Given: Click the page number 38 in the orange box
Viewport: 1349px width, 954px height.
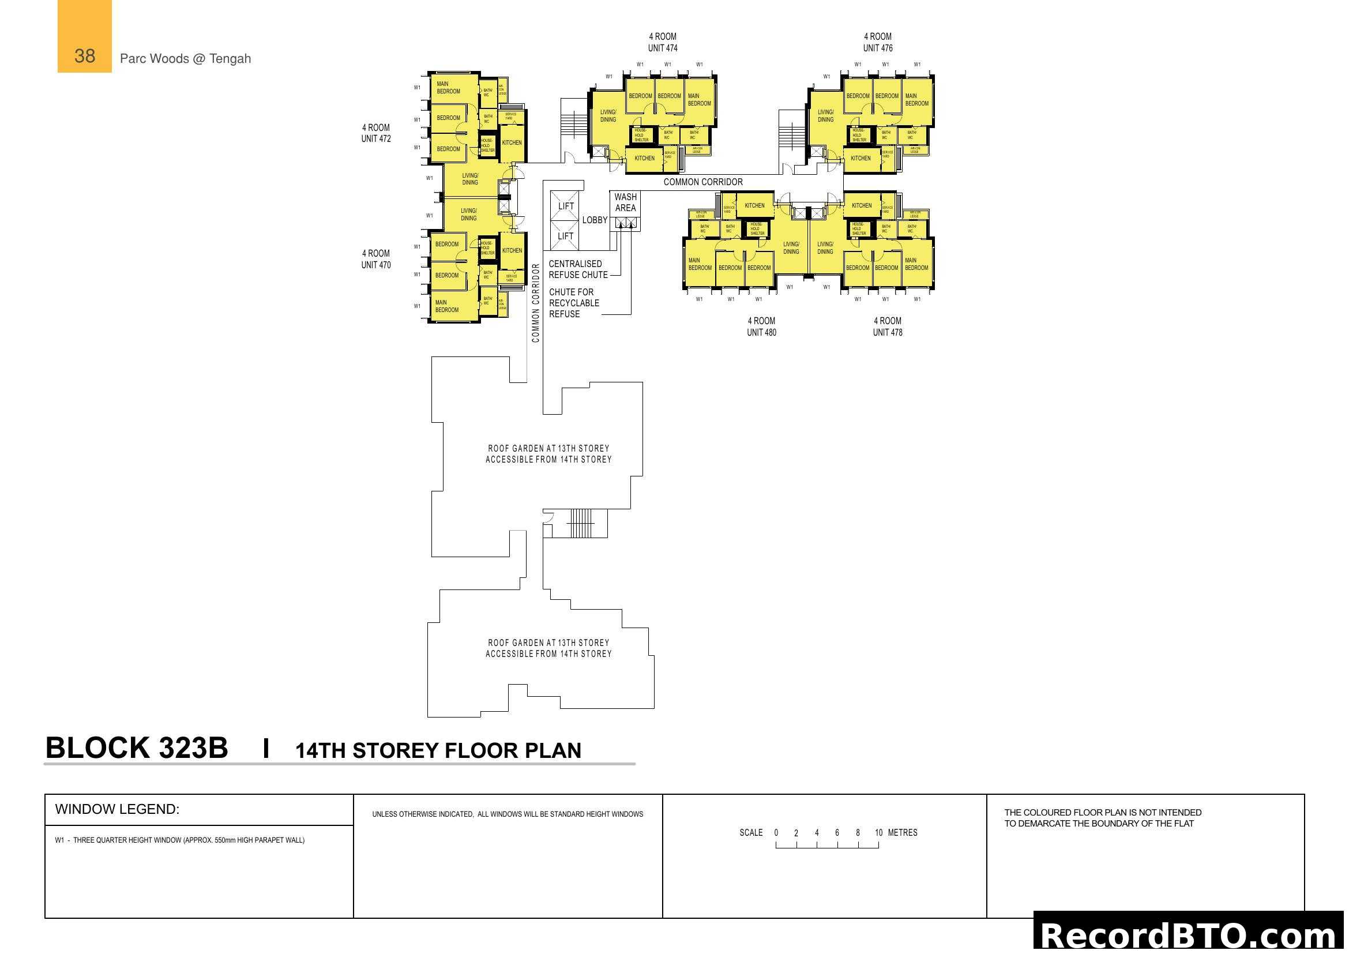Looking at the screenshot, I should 85,57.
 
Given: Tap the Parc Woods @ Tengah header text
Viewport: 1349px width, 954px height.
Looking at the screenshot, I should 185,59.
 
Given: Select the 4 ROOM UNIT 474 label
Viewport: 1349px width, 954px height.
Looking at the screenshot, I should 662,42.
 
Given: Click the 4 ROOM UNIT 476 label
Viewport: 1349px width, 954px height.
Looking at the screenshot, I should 877,42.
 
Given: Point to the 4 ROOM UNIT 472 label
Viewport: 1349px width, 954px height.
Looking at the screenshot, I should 375,133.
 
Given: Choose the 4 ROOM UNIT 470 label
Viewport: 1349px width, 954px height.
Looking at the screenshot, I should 375,259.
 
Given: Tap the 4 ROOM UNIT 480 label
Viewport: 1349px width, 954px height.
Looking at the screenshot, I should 761,326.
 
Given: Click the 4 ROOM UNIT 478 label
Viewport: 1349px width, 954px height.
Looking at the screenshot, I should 887,326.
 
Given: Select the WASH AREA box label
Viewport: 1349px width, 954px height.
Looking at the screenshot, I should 625,202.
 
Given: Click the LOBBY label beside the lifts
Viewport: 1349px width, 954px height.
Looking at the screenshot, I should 595,220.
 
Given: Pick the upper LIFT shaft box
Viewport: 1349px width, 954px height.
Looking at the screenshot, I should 565,206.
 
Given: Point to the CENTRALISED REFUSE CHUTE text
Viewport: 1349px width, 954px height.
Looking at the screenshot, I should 577,269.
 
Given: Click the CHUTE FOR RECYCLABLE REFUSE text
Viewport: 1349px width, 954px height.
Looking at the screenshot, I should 573,303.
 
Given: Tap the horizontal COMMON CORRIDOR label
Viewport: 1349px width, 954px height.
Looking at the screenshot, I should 702,182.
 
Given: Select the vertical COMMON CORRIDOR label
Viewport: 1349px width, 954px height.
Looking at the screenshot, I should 535,303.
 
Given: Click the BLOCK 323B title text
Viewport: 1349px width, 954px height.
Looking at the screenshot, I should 136,749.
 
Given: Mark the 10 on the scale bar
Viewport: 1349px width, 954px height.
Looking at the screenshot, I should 878,832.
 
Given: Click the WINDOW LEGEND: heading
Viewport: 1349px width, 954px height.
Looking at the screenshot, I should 117,809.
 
